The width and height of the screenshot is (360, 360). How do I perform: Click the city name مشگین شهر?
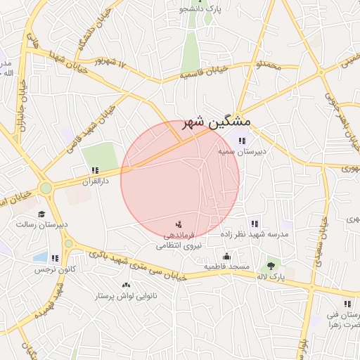216,122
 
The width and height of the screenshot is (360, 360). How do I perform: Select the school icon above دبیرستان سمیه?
243,141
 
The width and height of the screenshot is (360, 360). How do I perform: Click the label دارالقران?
95,180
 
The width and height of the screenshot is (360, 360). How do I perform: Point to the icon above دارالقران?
95,170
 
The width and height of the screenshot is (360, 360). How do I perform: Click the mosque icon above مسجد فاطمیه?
226,257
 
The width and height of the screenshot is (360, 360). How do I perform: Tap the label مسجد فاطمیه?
226,267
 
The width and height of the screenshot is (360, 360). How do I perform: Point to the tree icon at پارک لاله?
271,266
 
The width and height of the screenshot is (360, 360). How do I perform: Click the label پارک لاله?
271,278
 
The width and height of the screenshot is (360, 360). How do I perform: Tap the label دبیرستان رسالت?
41,224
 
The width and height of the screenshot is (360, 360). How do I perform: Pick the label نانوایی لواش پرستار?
126,296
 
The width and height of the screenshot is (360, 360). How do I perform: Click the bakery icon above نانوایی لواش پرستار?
126,285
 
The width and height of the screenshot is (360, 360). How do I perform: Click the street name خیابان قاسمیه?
204,71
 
